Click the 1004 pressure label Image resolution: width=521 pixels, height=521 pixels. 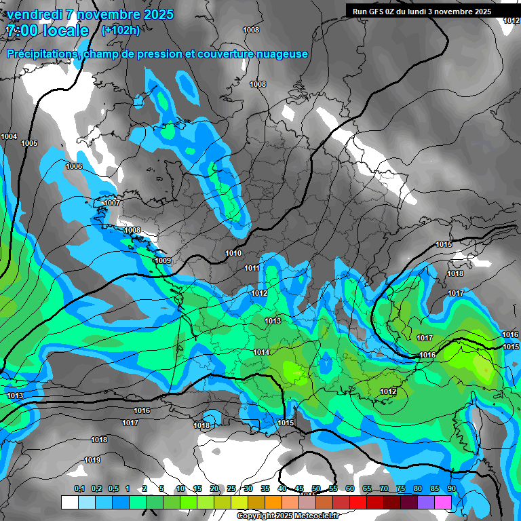click(x=9, y=136)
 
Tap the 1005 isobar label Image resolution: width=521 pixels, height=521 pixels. click(x=29, y=143)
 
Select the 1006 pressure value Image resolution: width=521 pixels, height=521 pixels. click(x=74, y=166)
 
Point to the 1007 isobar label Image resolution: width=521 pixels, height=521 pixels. click(x=112, y=203)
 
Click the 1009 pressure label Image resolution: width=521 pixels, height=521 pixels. click(x=163, y=260)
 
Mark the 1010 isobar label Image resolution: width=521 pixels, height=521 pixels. click(x=233, y=253)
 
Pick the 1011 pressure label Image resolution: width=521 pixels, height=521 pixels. click(x=252, y=268)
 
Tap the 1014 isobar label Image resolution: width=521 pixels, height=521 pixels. click(x=261, y=352)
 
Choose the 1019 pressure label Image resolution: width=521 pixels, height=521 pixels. click(x=92, y=461)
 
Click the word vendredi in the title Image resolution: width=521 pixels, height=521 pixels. click(x=35, y=14)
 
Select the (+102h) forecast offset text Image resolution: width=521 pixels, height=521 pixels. click(x=120, y=30)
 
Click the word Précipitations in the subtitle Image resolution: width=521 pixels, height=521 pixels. click(x=41, y=54)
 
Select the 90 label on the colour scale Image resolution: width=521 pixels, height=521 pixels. click(x=451, y=488)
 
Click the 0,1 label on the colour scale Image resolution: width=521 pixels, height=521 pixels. click(x=79, y=488)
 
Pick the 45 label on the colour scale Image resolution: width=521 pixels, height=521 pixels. click(x=299, y=488)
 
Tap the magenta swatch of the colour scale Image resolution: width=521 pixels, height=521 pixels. click(x=443, y=502)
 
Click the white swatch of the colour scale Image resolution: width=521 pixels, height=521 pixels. click(x=69, y=502)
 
